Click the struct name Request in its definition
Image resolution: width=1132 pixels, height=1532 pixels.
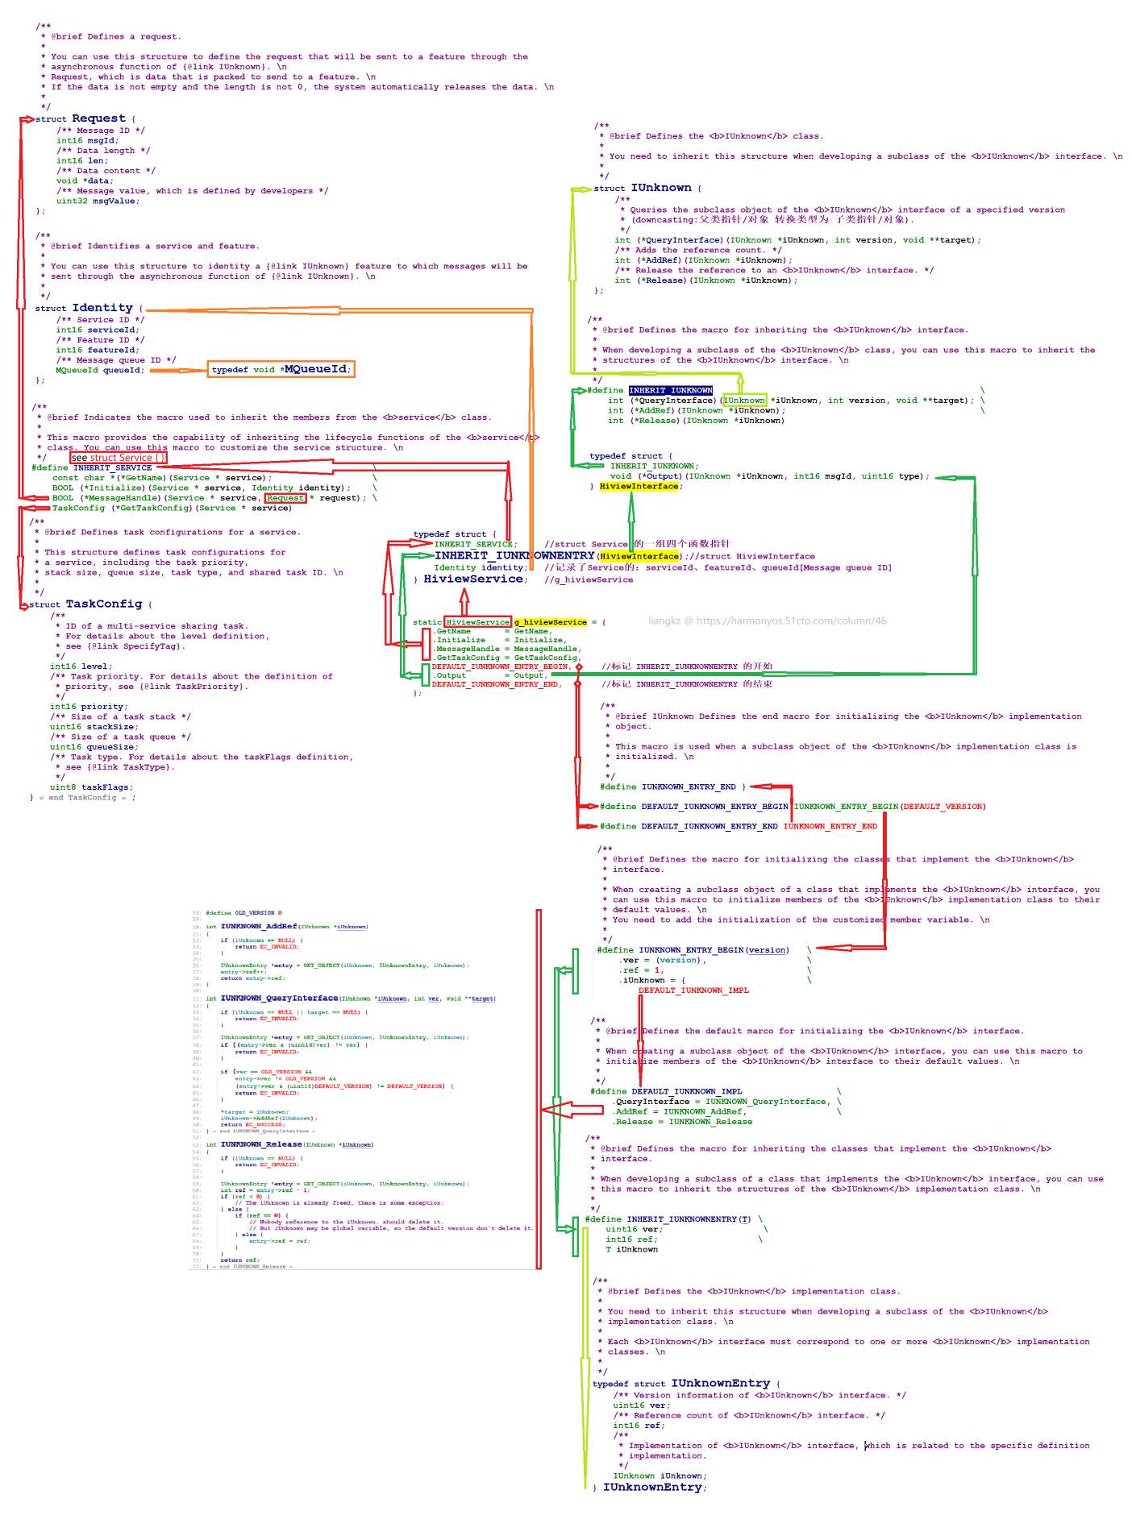pos(98,118)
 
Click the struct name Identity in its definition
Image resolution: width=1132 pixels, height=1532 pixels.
pos(102,308)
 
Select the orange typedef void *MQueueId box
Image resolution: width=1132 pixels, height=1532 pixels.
pos(280,369)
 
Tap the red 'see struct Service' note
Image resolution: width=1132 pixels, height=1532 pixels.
pos(119,458)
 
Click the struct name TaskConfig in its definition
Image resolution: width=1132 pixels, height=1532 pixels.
pos(104,604)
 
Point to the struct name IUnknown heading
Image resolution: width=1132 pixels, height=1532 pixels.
pos(661,188)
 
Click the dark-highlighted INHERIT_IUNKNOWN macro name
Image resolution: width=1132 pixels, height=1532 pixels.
pos(671,390)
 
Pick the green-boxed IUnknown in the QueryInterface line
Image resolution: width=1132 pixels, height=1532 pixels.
pos(744,401)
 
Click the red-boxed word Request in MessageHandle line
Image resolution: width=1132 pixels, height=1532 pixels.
pos(285,498)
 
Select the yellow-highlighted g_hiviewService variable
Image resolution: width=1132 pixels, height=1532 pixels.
pos(551,622)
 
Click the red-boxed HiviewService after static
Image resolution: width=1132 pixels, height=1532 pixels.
pos(477,622)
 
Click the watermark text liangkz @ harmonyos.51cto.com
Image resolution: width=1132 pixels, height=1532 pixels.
pos(767,621)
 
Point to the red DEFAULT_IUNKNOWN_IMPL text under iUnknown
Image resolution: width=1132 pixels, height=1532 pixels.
pos(693,990)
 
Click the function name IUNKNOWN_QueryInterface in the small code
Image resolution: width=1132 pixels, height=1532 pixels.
pos(279,998)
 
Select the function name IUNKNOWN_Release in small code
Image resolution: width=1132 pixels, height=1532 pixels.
pos(261,1144)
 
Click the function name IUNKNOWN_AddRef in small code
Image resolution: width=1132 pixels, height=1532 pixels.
pos(259,927)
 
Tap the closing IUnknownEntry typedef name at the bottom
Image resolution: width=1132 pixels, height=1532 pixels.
pos(653,1487)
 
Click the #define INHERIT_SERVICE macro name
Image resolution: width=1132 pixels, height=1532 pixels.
pos(112,467)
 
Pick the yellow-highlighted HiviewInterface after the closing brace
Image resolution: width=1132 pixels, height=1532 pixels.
pos(639,487)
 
